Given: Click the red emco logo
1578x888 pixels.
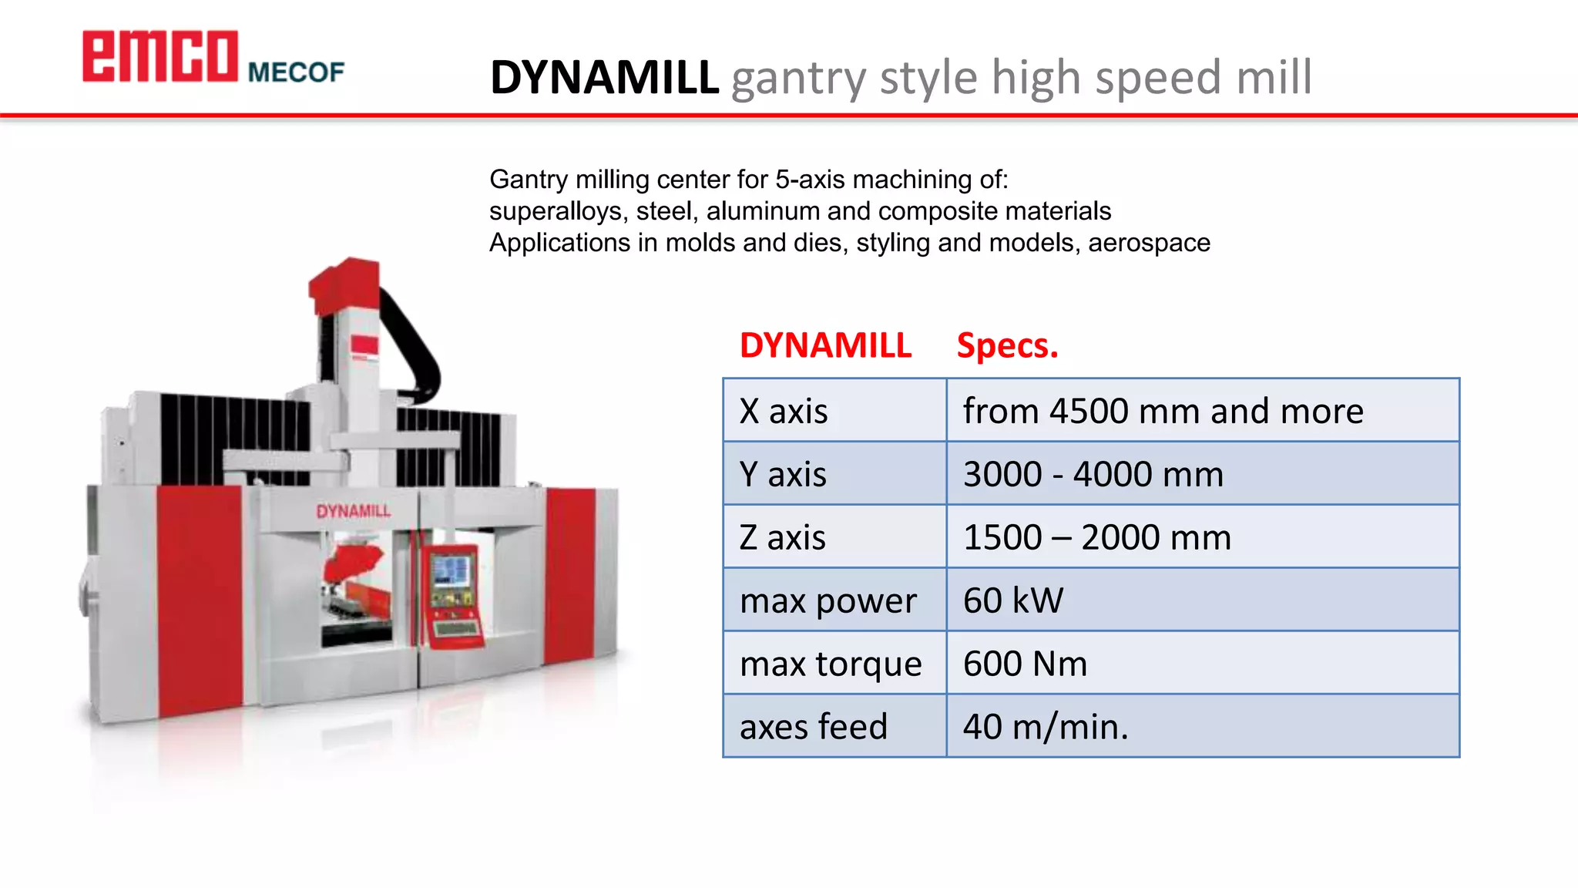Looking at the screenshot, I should click(x=160, y=56).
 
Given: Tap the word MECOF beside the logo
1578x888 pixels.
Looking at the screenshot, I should click(x=296, y=72).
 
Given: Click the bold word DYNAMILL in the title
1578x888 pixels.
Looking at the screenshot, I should click(x=604, y=78).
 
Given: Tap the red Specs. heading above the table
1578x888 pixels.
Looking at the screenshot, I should click(x=1007, y=345).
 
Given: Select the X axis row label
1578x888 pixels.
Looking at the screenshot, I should click(x=784, y=411).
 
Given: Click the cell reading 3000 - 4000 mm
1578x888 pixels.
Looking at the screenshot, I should click(x=1093, y=474).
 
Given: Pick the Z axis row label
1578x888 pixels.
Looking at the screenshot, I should click(x=782, y=537).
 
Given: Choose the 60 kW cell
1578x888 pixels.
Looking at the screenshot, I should click(x=1013, y=600).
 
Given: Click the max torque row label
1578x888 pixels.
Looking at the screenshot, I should click(x=831, y=664).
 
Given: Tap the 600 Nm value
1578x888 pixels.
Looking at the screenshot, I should click(x=1025, y=664).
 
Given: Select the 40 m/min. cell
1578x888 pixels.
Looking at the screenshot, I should click(x=1046, y=727).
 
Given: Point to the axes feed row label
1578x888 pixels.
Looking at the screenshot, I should click(x=814, y=727).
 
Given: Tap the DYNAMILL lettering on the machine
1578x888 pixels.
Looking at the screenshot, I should click(x=354, y=511).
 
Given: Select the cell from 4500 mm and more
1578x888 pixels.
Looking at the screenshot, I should click(x=1163, y=411).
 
